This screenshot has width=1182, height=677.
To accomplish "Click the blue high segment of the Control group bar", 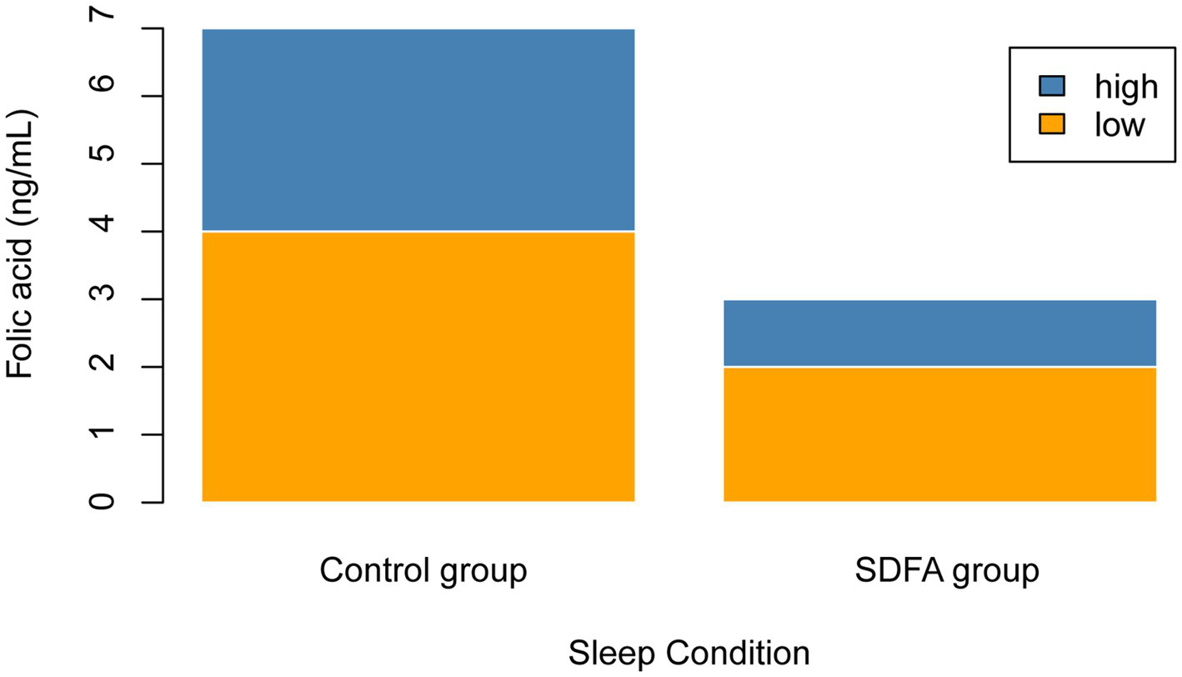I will pos(418,130).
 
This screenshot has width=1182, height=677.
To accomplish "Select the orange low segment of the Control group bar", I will pos(418,367).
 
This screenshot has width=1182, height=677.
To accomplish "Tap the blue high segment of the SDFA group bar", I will pos(939,333).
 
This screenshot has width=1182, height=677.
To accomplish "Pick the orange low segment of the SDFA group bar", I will pos(939,434).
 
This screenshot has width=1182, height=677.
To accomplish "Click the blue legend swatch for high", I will pos(1052,85).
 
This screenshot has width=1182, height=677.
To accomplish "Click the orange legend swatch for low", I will pos(1052,123).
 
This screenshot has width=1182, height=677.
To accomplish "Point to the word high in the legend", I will pos(1126,86).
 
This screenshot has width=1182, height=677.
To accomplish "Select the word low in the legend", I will pos(1119,124).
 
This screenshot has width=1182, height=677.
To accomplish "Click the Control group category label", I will pos(423,572).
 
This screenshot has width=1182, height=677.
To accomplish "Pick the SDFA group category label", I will pos(946,572).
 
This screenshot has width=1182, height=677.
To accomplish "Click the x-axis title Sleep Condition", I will pos(689,653).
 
